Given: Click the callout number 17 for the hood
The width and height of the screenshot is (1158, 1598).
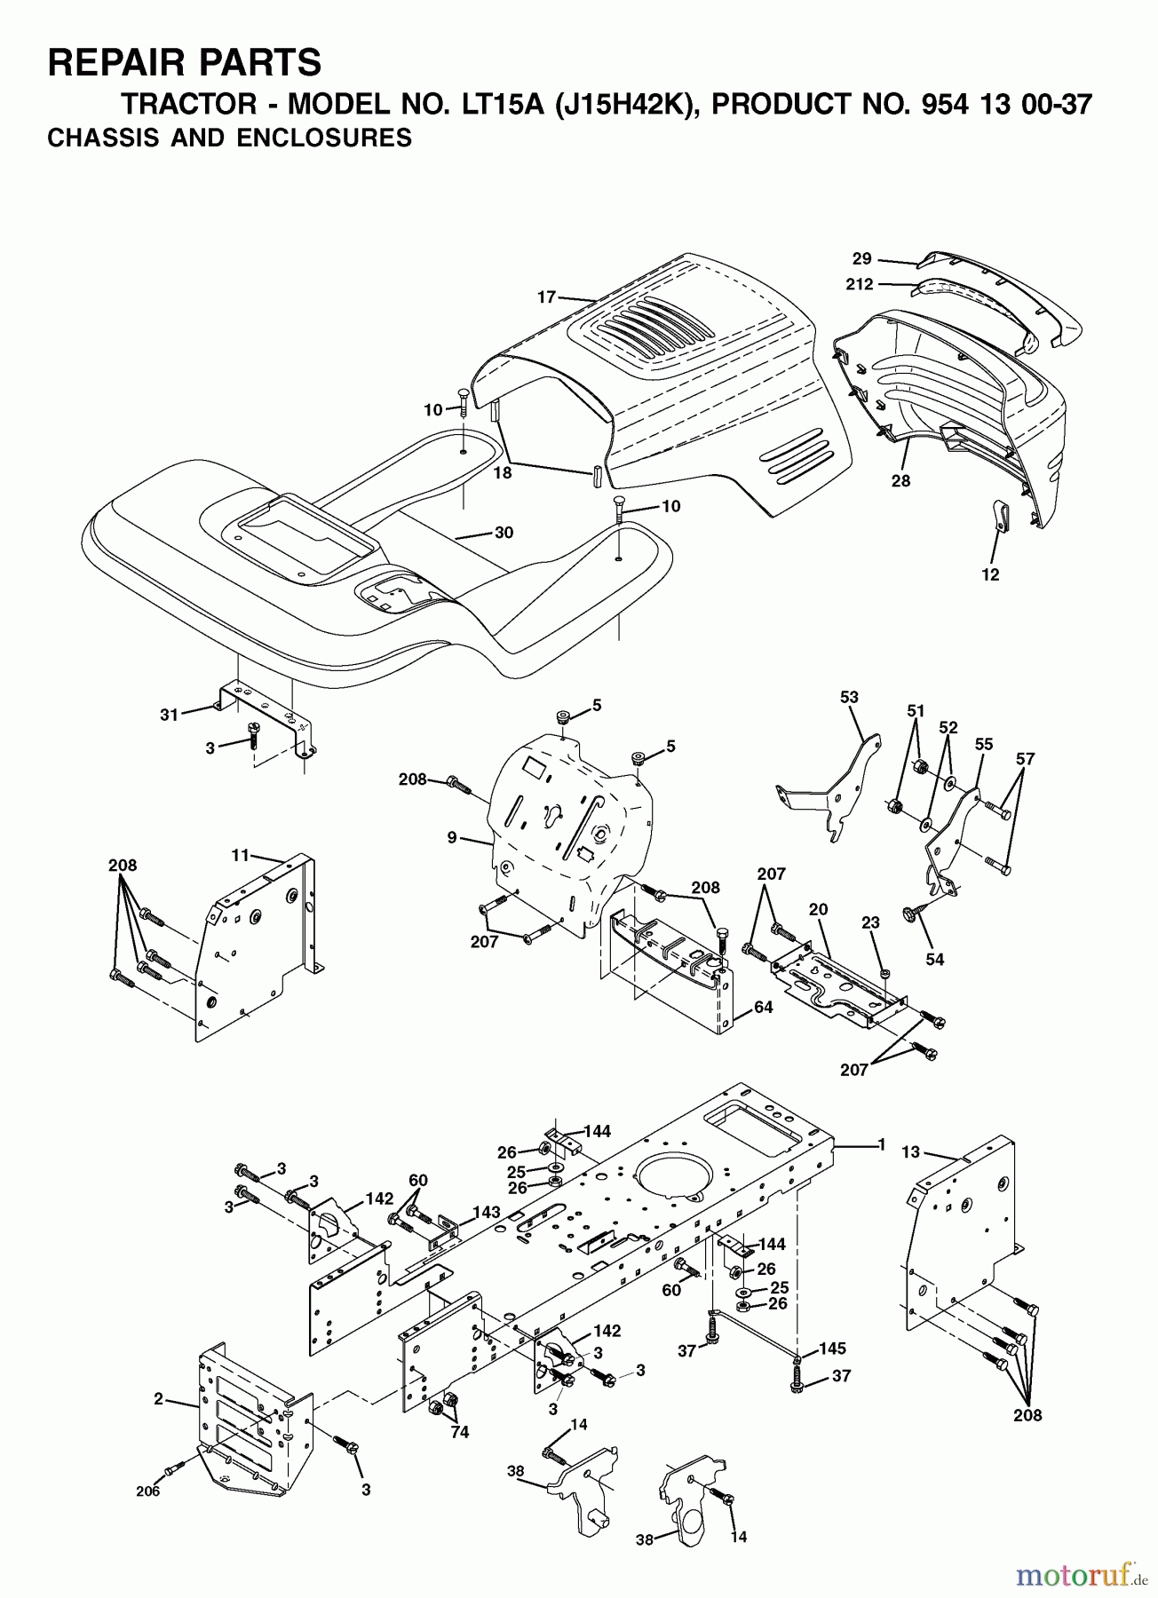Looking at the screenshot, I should pyautogui.click(x=546, y=298).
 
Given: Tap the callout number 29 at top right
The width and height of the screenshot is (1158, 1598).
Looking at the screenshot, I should pyautogui.click(x=861, y=259).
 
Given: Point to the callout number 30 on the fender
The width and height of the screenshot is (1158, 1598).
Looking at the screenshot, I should pyautogui.click(x=504, y=533).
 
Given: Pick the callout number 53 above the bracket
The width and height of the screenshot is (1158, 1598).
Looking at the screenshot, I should pyautogui.click(x=849, y=697).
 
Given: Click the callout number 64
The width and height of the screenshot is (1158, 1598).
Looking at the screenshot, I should pyautogui.click(x=763, y=1007).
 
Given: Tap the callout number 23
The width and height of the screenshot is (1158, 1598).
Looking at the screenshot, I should pyautogui.click(x=870, y=922).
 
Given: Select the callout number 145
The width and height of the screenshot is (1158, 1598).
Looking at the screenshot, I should pyautogui.click(x=832, y=1349).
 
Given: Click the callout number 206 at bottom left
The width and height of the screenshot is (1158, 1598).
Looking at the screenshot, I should pyautogui.click(x=148, y=1491).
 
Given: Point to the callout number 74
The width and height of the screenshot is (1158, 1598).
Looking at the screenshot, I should pyautogui.click(x=459, y=1431).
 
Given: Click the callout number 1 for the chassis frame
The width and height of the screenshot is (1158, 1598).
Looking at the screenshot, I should pyautogui.click(x=881, y=1145).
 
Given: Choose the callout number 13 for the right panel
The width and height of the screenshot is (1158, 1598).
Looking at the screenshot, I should pyautogui.click(x=911, y=1152).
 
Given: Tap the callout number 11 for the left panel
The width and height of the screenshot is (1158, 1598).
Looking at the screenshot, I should pyautogui.click(x=240, y=855).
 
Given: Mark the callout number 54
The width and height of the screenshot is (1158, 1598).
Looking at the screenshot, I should pyautogui.click(x=934, y=959).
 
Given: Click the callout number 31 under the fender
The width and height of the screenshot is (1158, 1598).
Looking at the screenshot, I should pyautogui.click(x=169, y=713).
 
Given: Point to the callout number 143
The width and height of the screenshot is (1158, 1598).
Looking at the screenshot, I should pyautogui.click(x=486, y=1212).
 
